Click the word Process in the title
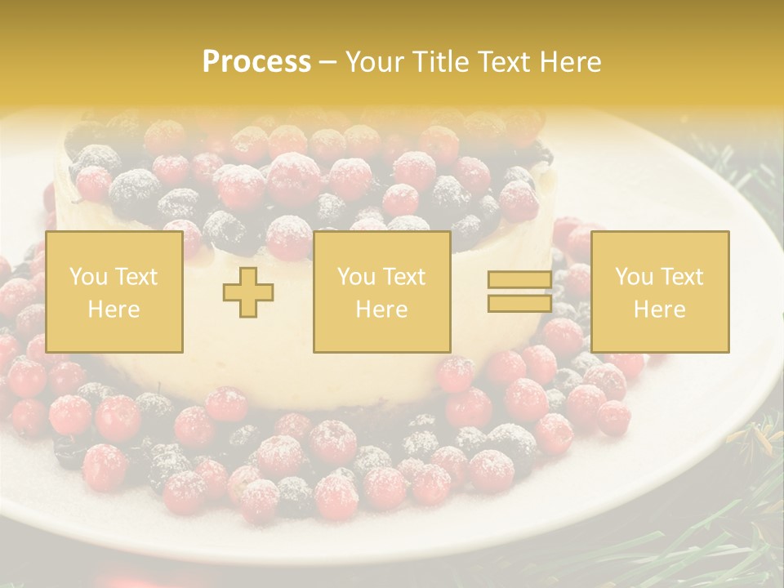click(256, 62)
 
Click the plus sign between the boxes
click(248, 292)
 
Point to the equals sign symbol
click(519, 292)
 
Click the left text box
click(114, 292)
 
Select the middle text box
click(381, 292)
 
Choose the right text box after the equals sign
click(659, 292)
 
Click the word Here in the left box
click(114, 310)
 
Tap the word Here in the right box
click(659, 310)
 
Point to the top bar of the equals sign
click(519, 280)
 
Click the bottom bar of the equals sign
click(519, 303)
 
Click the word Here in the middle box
click(381, 310)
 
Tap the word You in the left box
click(87, 277)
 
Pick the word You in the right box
click(634, 277)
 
